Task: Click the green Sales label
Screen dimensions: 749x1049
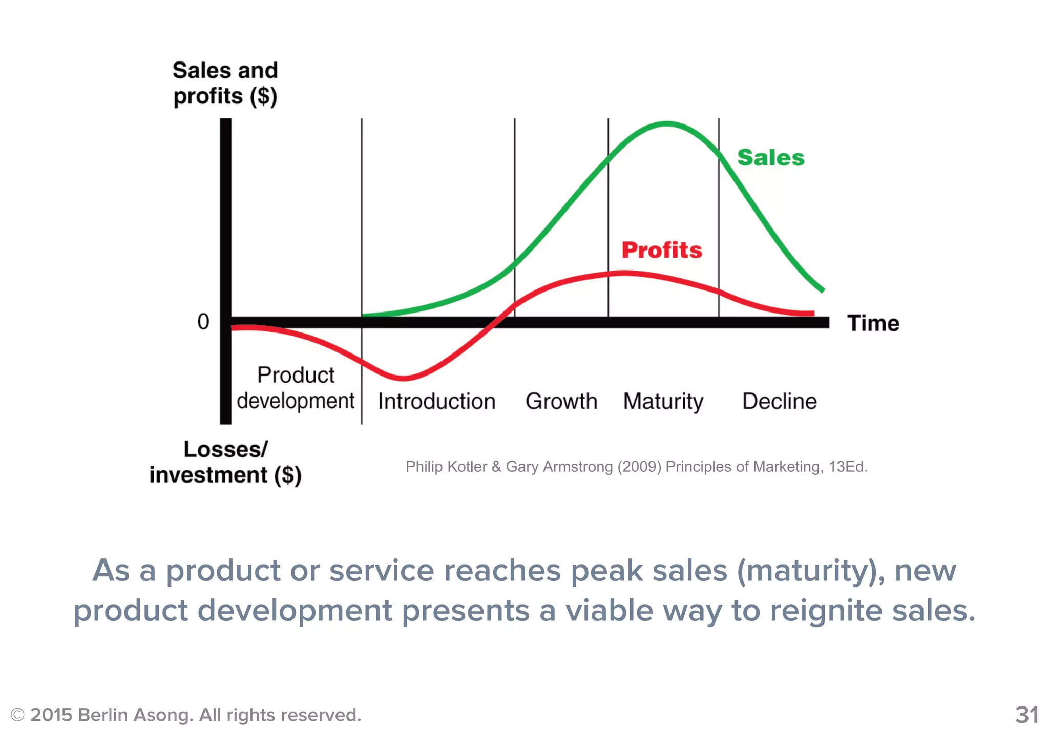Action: [x=770, y=158]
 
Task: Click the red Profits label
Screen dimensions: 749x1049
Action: [x=662, y=250]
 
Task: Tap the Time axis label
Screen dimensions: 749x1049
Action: [x=873, y=323]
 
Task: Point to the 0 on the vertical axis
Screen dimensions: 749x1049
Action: [x=203, y=322]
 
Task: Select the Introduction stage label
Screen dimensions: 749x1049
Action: [x=436, y=401]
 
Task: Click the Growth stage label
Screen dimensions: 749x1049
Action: [x=561, y=401]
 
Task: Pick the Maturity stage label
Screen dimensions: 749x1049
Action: [x=663, y=401]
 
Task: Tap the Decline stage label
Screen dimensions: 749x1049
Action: [x=779, y=401]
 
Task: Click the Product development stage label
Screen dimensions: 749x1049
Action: [x=296, y=388]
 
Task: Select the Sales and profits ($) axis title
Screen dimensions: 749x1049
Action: [x=225, y=83]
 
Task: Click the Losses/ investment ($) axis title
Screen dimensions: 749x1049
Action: [x=225, y=462]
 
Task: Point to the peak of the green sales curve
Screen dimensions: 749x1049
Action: [x=667, y=123]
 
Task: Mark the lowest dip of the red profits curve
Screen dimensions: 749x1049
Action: [x=404, y=378]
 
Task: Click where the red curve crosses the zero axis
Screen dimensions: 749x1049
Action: [x=493, y=322]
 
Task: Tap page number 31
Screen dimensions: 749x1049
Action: [x=1026, y=715]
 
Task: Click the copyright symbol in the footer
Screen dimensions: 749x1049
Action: [x=17, y=715]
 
